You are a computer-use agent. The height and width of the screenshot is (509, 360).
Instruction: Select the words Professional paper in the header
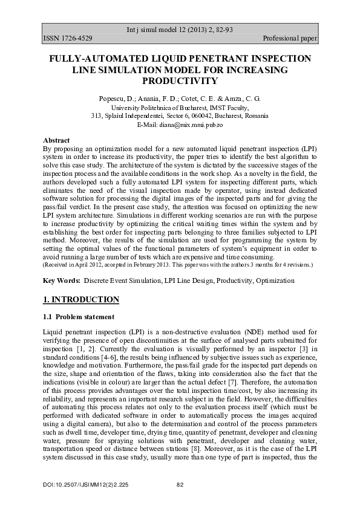pos(290,39)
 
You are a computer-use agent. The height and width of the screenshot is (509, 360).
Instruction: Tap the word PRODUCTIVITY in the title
pos(180,80)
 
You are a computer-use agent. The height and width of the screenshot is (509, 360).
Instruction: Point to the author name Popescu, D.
pos(116,98)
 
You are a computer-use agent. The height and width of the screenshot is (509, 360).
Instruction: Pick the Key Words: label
pos(62,280)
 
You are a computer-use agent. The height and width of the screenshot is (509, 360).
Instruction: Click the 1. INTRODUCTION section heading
pos(81,300)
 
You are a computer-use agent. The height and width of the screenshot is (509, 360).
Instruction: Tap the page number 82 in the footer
pos(180,485)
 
